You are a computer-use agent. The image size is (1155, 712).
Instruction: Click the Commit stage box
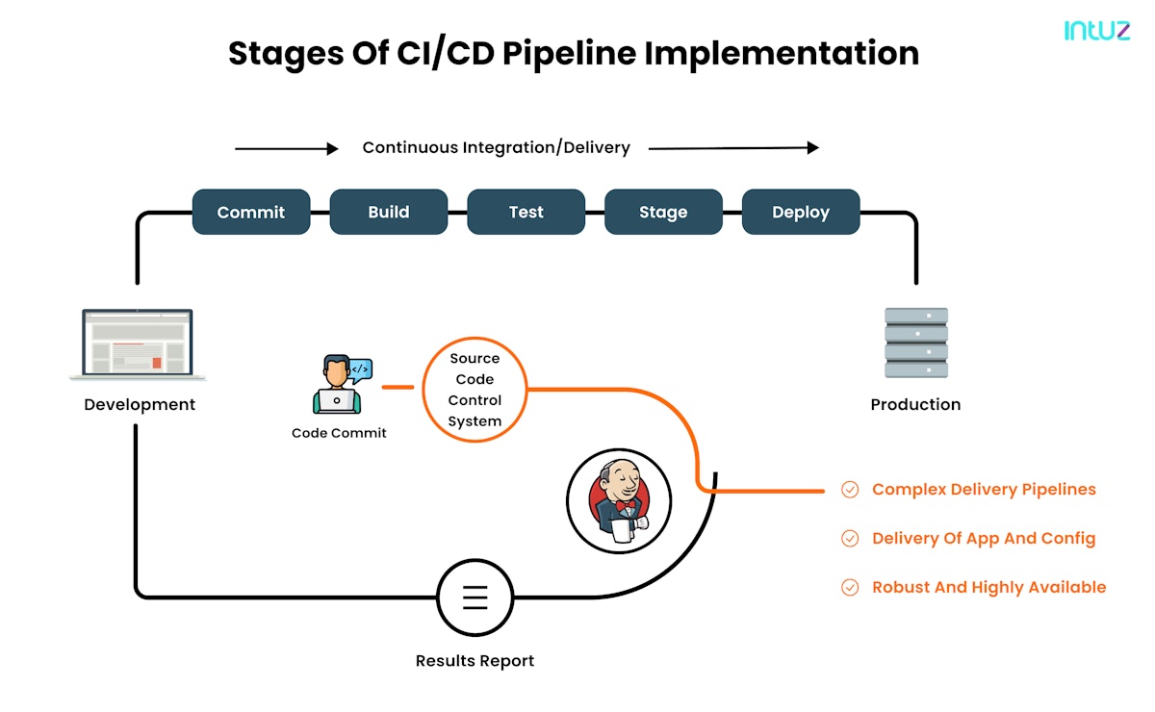click(x=251, y=213)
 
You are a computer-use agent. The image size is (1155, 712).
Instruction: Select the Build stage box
click(x=389, y=213)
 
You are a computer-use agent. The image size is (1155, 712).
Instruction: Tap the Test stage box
click(x=526, y=213)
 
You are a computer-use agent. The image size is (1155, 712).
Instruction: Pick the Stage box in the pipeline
click(x=663, y=213)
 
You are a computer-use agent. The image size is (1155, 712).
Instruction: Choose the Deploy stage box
click(x=801, y=213)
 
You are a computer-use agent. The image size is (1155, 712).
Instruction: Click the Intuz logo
click(x=1097, y=31)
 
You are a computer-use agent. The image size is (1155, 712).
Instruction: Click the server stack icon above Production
click(x=915, y=343)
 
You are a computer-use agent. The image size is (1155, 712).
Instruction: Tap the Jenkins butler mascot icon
click(x=618, y=500)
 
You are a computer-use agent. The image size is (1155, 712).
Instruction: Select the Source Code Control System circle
click(x=475, y=390)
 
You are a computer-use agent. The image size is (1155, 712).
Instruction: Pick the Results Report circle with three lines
click(x=475, y=598)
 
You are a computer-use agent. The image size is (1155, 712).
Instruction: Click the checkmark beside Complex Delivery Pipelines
click(x=850, y=490)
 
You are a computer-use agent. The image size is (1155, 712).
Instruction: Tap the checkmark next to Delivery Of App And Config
click(x=850, y=539)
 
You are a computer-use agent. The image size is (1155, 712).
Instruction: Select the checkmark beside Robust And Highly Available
click(x=850, y=588)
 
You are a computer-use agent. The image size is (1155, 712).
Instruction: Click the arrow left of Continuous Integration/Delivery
click(x=287, y=149)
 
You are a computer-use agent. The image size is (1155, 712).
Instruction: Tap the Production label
click(x=915, y=405)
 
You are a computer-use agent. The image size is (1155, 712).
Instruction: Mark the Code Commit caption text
click(x=339, y=434)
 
